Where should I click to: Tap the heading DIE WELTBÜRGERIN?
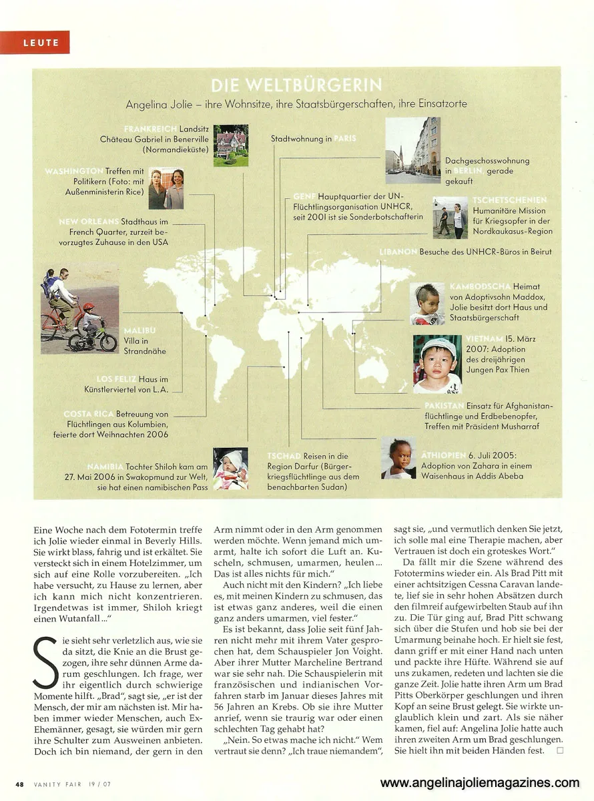point(296,86)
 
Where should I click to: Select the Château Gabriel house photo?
point(230,145)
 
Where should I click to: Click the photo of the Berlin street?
point(412,151)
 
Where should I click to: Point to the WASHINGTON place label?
point(73,172)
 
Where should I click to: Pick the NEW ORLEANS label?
point(89,222)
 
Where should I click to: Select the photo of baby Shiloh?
point(230,469)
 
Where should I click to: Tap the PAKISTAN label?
point(444,405)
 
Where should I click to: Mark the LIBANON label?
point(398,252)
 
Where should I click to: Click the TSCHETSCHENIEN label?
point(509,200)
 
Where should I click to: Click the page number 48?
point(20,784)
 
